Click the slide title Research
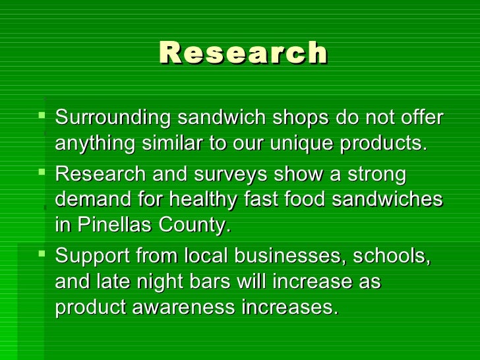[x=243, y=53]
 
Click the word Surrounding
[x=109, y=118]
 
